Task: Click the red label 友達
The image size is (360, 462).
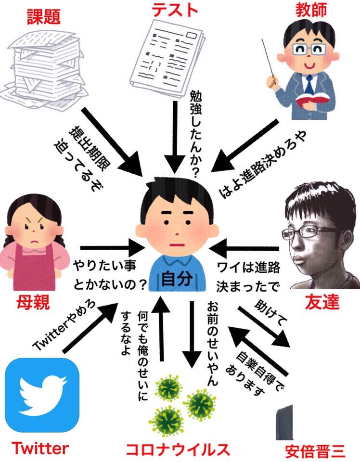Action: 322,302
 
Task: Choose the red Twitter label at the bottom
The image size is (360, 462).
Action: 40,449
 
